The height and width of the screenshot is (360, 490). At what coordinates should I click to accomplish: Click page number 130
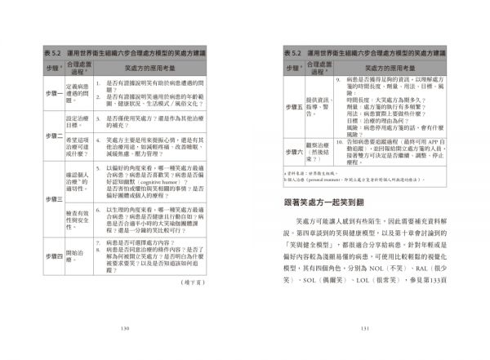point(125,329)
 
